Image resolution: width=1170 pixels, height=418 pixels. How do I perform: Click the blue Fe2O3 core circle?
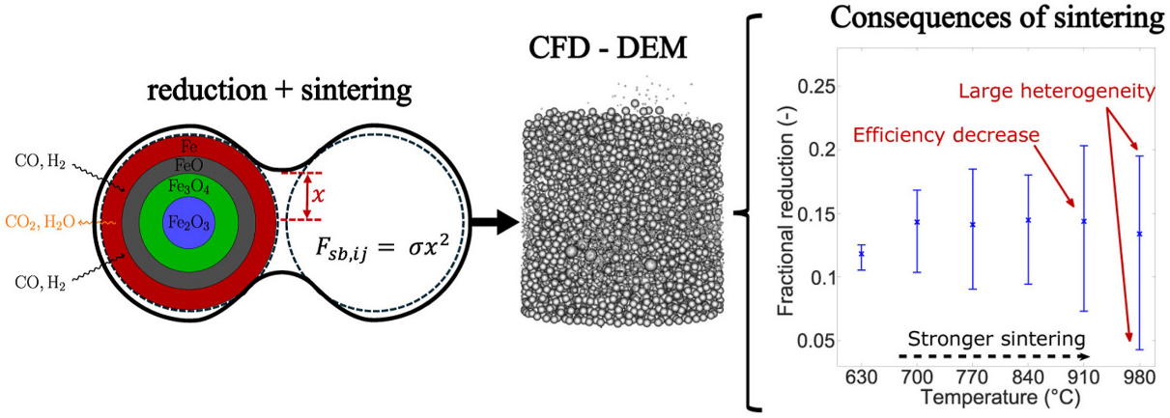point(188,223)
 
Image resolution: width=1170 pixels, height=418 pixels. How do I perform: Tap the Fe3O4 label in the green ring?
point(188,186)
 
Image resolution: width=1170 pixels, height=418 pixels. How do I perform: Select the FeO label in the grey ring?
point(188,165)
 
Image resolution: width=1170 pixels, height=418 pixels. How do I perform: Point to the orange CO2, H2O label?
point(40,222)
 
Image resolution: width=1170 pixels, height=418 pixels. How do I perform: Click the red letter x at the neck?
point(318,195)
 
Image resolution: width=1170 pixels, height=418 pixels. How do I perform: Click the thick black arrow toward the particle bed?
point(494,222)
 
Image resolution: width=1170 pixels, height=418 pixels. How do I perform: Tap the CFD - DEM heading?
point(608,48)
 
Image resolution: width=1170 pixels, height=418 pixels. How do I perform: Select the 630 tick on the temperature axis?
point(861,376)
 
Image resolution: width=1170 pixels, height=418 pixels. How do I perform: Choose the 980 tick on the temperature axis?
point(1139,376)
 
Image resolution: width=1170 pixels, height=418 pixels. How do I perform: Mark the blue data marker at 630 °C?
point(861,254)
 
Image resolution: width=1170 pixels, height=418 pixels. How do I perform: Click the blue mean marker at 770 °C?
point(973,224)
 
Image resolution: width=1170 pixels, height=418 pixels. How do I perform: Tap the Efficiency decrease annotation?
point(946,135)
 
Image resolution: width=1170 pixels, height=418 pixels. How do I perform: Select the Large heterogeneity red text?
point(1057,92)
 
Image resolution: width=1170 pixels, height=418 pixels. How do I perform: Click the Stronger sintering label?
point(996,339)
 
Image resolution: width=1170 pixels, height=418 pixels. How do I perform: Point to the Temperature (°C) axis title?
point(1000,398)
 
